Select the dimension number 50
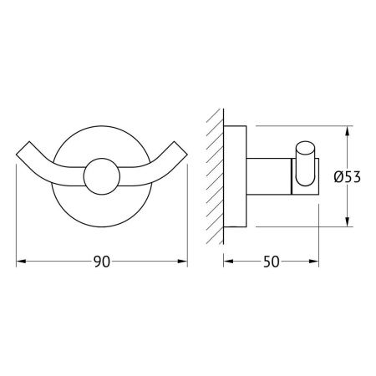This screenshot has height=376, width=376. [270, 262]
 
